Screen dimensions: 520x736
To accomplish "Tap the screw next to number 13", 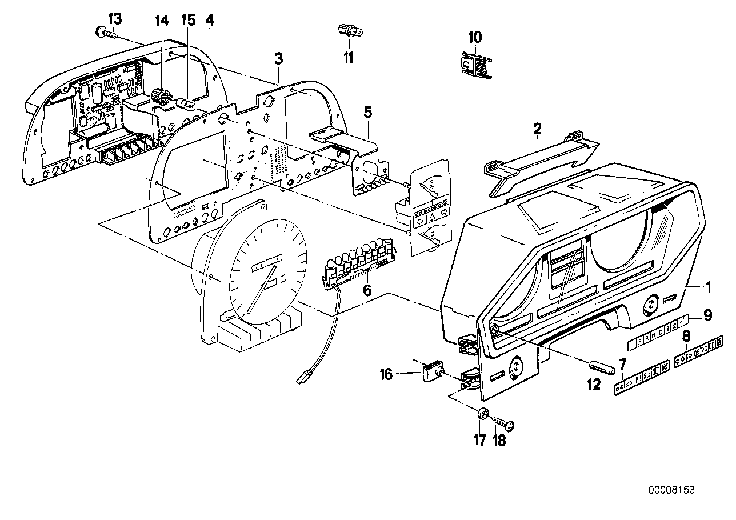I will coord(103,33).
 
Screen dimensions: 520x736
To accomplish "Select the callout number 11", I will coord(349,58).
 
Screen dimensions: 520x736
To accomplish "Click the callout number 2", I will coord(537,129).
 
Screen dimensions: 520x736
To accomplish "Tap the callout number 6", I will coord(367,291).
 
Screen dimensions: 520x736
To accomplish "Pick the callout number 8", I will coord(686,336).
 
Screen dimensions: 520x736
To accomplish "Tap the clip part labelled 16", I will coord(435,372).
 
